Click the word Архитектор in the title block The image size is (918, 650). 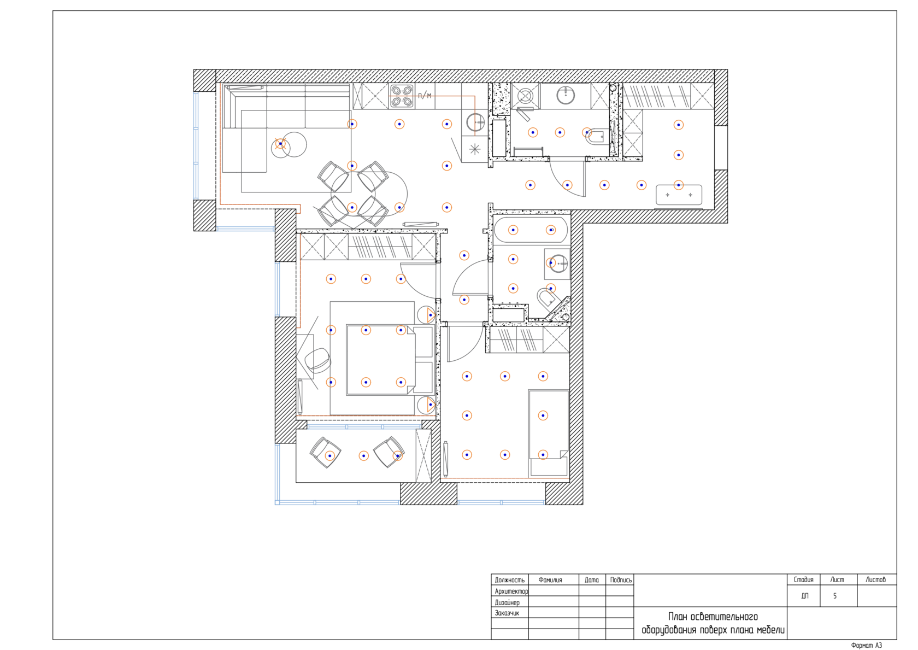[511, 592]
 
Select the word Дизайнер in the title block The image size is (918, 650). [507, 602]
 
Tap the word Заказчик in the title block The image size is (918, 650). [507, 613]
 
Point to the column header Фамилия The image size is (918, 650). [550, 580]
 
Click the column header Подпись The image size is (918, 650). [621, 580]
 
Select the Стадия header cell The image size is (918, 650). [803, 579]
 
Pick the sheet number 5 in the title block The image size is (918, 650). [835, 596]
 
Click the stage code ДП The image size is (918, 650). [805, 596]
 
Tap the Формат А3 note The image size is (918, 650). [867, 646]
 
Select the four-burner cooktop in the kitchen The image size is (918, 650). [401, 96]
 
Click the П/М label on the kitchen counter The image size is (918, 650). [425, 96]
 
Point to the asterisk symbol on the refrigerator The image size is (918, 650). [474, 149]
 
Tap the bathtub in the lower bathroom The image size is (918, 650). [531, 230]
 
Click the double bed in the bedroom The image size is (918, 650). [381, 360]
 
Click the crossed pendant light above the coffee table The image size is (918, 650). [280, 144]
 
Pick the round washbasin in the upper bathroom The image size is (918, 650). [566, 96]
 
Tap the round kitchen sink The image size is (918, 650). [475, 122]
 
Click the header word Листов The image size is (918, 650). [875, 579]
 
